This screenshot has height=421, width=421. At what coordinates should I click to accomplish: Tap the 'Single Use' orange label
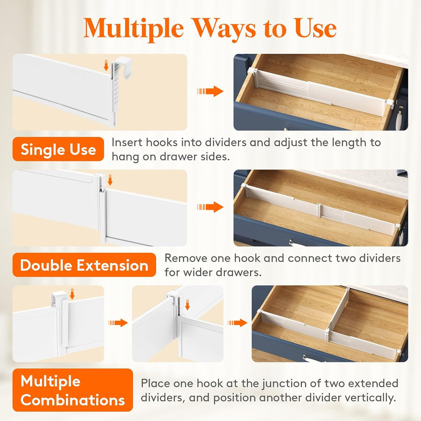click(58, 149)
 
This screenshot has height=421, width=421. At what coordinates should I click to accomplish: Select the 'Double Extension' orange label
click(84, 265)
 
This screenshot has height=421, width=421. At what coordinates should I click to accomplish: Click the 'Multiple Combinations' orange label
click(72, 390)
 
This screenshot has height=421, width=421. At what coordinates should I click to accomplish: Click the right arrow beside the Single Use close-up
click(210, 91)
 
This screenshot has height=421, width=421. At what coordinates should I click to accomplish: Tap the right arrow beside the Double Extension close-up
click(210, 207)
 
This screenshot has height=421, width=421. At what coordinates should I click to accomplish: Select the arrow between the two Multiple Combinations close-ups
click(118, 323)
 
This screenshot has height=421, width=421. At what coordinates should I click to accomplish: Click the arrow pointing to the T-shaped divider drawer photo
click(238, 323)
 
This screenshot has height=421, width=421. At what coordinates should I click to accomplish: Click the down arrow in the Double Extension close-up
click(110, 180)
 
